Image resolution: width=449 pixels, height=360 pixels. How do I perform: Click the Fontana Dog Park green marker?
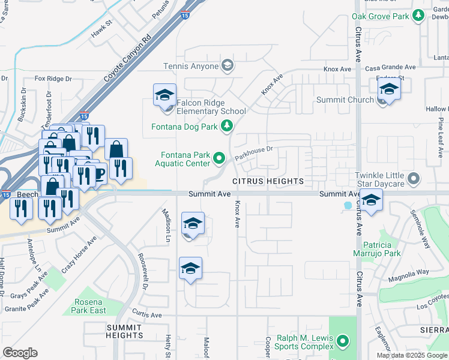pos(226,125)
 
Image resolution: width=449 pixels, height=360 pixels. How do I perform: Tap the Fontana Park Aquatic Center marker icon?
pos(219,158)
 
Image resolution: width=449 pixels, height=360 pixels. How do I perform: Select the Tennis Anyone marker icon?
pos(227,65)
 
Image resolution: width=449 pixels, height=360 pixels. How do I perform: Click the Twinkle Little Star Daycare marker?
pos(413,178)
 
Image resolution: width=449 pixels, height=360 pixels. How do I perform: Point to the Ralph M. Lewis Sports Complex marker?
pos(343,342)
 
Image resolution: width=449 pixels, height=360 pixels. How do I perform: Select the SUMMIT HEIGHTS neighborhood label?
pos(125,331)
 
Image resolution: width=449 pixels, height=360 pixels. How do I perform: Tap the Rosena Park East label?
pos(89,306)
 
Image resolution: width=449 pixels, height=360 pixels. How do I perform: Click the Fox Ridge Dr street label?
pos(53,79)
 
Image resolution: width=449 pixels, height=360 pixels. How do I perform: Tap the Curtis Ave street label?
pos(147,314)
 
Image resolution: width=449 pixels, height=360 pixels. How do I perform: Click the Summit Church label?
pos(352,100)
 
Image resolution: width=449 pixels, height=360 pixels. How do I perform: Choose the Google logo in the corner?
pos(20,353)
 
